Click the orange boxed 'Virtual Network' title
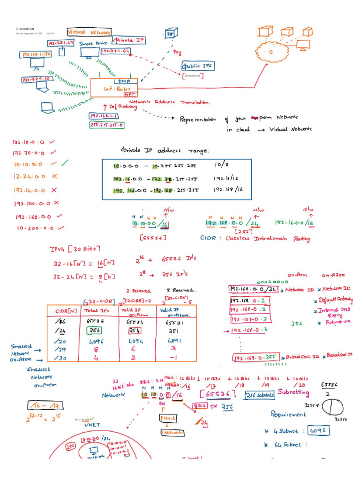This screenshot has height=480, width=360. point(90,32)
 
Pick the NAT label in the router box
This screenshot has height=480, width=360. point(129,94)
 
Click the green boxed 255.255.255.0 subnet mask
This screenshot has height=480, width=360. point(106,125)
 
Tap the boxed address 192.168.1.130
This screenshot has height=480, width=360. point(35,54)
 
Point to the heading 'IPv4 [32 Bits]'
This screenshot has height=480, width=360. point(75,248)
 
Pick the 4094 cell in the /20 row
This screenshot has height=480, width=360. point(137,342)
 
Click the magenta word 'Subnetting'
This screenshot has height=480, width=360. point(293,392)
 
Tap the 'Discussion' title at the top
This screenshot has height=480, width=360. point(26,29)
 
